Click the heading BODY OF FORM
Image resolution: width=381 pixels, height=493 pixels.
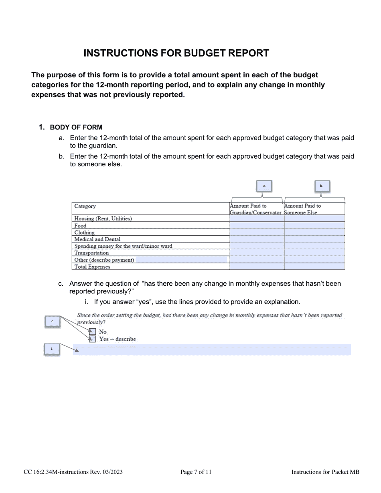(x=76, y=127)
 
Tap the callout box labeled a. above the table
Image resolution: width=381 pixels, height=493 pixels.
(x=264, y=186)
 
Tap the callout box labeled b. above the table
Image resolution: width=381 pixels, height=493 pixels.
(x=321, y=186)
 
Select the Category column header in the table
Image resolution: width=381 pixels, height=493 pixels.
(x=85, y=206)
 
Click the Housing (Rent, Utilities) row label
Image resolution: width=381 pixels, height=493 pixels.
(x=103, y=219)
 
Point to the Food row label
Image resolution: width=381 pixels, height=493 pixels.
(x=80, y=226)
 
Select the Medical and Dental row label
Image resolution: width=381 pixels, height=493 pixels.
(x=97, y=239)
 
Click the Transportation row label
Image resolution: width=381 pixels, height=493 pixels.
(x=91, y=253)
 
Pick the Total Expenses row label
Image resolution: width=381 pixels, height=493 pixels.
(x=92, y=267)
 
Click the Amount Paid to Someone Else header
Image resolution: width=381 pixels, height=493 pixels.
(x=302, y=209)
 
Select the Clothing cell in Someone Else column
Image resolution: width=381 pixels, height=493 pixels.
(x=314, y=232)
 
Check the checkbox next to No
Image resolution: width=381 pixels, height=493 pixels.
(x=92, y=331)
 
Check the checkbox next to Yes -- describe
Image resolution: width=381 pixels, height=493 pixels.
(x=92, y=339)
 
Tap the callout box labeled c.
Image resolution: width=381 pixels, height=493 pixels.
(x=52, y=321)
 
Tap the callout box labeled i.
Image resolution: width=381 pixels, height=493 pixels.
(x=52, y=350)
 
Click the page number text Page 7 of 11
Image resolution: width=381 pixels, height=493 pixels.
(x=196, y=472)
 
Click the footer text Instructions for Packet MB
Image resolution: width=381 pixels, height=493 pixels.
(x=325, y=472)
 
